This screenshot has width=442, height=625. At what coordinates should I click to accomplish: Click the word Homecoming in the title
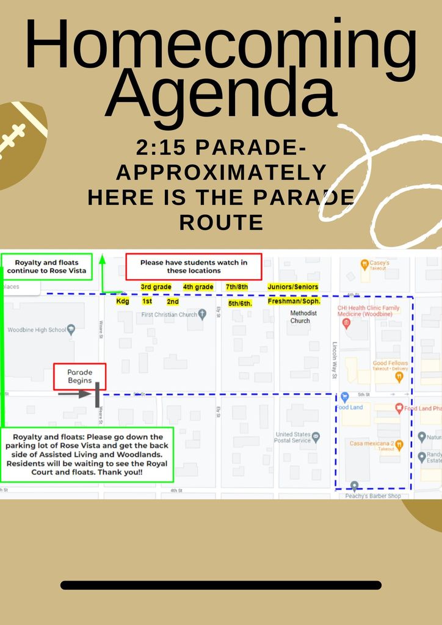click(221, 48)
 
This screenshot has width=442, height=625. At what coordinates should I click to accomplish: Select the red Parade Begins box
click(79, 377)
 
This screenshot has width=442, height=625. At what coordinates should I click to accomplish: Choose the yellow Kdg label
click(123, 301)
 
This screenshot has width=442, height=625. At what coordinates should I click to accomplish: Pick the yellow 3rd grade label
click(156, 287)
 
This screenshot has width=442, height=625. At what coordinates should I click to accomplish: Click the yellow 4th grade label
click(198, 287)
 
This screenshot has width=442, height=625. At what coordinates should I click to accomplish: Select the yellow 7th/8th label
click(237, 287)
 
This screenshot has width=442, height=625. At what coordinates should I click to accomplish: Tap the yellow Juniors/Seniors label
click(293, 287)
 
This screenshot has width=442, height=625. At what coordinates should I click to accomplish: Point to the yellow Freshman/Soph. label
click(294, 301)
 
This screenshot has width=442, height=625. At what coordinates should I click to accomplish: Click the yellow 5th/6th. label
click(240, 303)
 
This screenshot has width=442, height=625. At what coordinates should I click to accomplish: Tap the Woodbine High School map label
click(37, 330)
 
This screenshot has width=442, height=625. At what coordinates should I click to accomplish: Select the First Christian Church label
click(169, 315)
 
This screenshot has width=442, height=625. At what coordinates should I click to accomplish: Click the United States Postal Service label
click(293, 437)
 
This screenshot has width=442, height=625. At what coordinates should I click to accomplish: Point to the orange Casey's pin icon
click(364, 264)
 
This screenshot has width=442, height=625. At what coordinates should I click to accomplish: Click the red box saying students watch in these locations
click(194, 267)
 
